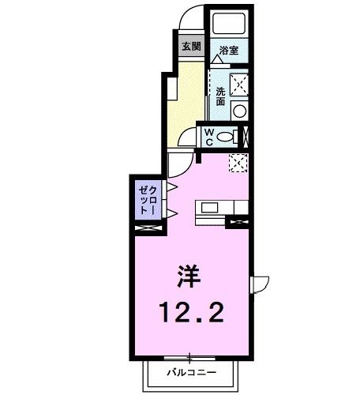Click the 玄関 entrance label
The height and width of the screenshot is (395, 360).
[190, 46]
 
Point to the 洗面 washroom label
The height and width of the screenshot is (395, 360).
[220, 96]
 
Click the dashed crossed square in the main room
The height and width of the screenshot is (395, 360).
[238, 162]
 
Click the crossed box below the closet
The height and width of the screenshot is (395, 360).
[148, 228]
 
